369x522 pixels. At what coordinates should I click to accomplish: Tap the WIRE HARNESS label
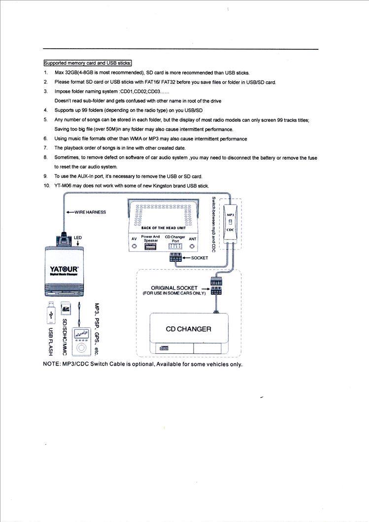pos(90,212)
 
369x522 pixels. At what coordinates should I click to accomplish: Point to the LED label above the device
pos(78,238)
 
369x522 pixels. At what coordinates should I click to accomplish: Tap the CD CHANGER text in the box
pos(188,329)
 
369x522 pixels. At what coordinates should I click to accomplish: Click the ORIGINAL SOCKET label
pos(174,288)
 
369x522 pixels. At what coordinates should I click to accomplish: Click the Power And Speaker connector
pos(150,246)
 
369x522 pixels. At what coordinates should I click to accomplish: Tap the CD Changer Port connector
pos(175,246)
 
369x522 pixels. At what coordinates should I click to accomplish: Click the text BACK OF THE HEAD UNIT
pos(163,228)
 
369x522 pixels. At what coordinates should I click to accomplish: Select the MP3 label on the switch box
pos(231,214)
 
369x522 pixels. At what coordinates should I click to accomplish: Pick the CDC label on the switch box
pos(230,230)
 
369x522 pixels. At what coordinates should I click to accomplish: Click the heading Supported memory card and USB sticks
pos(88,63)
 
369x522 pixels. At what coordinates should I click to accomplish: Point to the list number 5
pos(45,120)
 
